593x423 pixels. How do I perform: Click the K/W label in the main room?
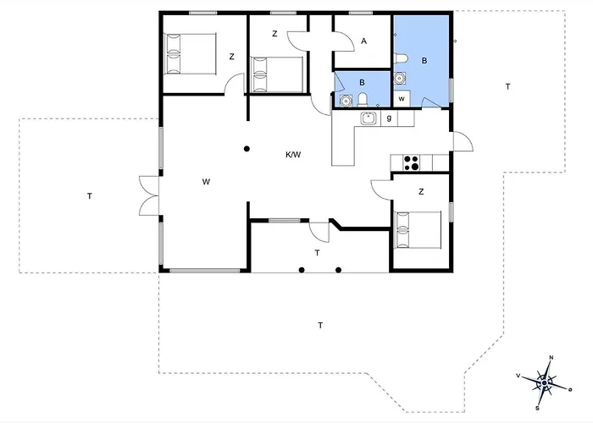(x=293, y=155)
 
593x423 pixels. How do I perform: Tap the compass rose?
(x=544, y=383)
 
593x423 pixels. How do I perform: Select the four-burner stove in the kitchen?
(x=411, y=163)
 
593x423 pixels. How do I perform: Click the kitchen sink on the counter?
(x=368, y=118)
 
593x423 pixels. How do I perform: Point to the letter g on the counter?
(x=389, y=118)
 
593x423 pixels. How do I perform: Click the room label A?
(x=363, y=41)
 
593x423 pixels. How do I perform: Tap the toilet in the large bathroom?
(x=401, y=59)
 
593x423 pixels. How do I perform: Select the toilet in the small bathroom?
(x=363, y=100)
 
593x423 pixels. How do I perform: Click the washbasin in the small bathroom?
(x=346, y=101)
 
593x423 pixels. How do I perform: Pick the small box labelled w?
(x=402, y=99)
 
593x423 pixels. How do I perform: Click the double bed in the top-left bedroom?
(x=190, y=53)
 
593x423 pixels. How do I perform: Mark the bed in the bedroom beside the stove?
(x=418, y=229)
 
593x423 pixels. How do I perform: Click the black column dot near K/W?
(x=247, y=149)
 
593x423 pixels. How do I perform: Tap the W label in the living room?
(x=206, y=182)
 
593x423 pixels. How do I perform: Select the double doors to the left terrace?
(x=149, y=196)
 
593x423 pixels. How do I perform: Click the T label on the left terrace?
(x=90, y=196)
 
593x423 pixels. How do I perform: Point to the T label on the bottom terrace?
(x=320, y=325)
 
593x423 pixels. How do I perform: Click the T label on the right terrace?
(x=507, y=86)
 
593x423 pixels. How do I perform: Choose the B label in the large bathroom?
(x=424, y=60)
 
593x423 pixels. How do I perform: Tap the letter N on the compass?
(x=551, y=357)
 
